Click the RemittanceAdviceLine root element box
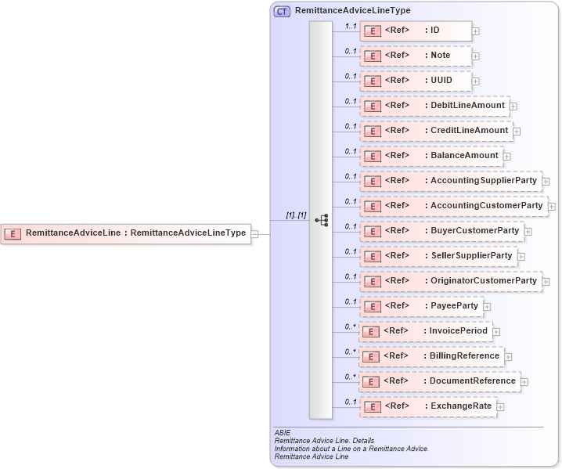point(126,233)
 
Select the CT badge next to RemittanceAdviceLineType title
point(282,11)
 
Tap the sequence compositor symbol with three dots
point(321,220)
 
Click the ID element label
point(435,31)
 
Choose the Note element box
point(416,56)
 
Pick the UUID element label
point(441,81)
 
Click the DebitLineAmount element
point(434,106)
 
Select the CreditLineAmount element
point(436,131)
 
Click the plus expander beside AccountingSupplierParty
point(546,182)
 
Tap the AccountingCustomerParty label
point(486,206)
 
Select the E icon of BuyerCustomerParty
point(373,231)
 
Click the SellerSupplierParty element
point(438,256)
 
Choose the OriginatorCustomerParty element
point(450,281)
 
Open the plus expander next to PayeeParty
point(487,307)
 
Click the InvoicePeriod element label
point(458,331)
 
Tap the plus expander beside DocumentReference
point(524,382)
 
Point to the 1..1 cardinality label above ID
point(351,26)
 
